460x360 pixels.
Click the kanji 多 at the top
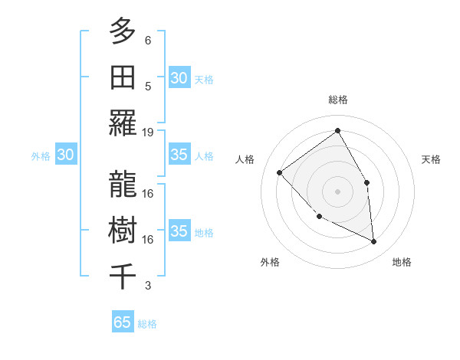pyautogui.click(x=122, y=31)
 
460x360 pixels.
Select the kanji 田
pyautogui.click(x=122, y=77)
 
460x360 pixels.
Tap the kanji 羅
pyautogui.click(x=122, y=123)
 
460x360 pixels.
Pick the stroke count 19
pyautogui.click(x=148, y=132)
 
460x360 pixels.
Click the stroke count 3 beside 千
pyautogui.click(x=148, y=286)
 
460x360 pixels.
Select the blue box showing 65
pyautogui.click(x=123, y=322)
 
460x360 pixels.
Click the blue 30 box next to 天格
pyautogui.click(x=179, y=78)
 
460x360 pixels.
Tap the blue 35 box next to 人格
pyautogui.click(x=179, y=155)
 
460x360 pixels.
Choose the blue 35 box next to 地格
pyautogui.click(x=179, y=231)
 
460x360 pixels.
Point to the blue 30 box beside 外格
pyautogui.click(x=65, y=155)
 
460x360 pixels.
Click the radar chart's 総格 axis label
pyautogui.click(x=337, y=100)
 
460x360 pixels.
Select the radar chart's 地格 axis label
pyautogui.click(x=402, y=262)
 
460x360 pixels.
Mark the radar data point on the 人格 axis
pyautogui.click(x=280, y=172)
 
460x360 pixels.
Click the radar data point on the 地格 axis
pyautogui.click(x=373, y=241)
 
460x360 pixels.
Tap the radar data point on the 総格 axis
pyautogui.click(x=337, y=131)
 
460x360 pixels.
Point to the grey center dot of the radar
pyautogui.click(x=337, y=191)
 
